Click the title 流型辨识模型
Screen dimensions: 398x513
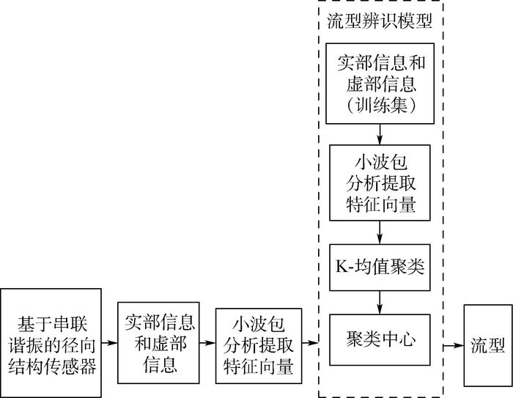(x=380, y=20)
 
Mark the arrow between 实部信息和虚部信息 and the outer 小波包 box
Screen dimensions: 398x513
(x=207, y=342)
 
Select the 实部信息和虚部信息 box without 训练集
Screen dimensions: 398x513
(x=158, y=342)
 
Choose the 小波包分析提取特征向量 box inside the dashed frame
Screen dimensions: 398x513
(x=380, y=183)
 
